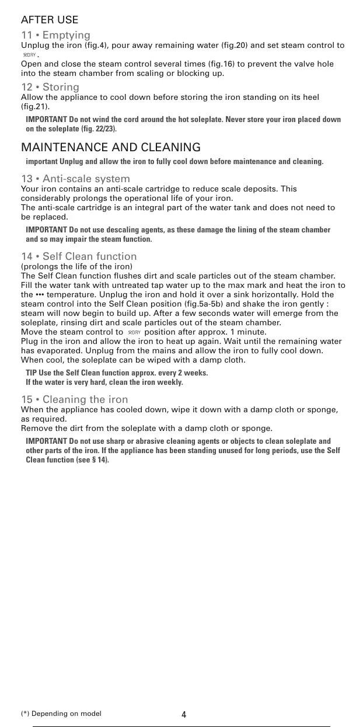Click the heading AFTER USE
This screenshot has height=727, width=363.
50,20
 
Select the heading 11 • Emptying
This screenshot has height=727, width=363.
55,36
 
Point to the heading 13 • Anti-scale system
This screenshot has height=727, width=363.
75,179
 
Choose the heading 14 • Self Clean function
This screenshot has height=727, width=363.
79,256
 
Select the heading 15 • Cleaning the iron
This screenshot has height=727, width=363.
74,399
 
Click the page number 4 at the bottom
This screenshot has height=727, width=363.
184,715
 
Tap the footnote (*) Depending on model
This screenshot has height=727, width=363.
61,714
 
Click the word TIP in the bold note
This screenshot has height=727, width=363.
32,373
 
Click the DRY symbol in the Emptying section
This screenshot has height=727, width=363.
29,55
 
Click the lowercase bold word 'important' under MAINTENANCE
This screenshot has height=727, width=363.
41,162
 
